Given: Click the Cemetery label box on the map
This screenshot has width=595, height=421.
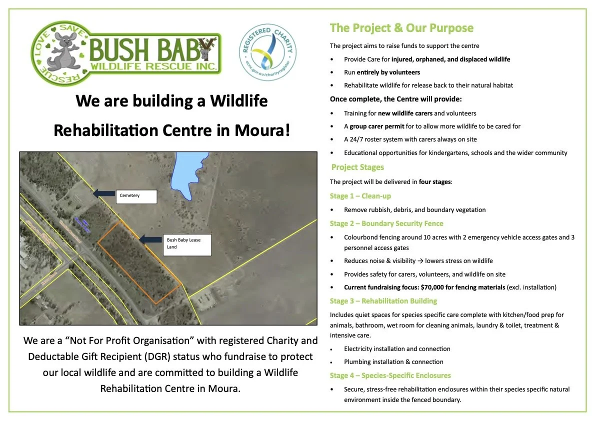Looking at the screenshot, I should pos(136,196).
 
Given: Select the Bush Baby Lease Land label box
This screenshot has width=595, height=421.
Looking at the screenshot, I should pos(187,244).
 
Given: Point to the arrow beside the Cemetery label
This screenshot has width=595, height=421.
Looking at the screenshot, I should pos(103,192).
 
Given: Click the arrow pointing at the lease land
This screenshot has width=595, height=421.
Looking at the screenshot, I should pos(150,240).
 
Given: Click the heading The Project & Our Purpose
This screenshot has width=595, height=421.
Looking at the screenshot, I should pos(401,28).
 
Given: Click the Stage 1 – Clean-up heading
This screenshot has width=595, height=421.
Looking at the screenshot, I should pos(360,196).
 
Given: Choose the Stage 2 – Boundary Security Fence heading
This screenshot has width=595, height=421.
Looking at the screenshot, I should pos(386,223).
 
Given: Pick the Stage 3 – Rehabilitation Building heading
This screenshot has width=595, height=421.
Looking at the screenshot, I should pos(383,301).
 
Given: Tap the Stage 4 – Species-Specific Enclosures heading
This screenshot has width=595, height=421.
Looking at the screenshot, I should pos(390,375).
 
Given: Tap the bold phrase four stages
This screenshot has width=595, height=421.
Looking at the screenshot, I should pos(434,182).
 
